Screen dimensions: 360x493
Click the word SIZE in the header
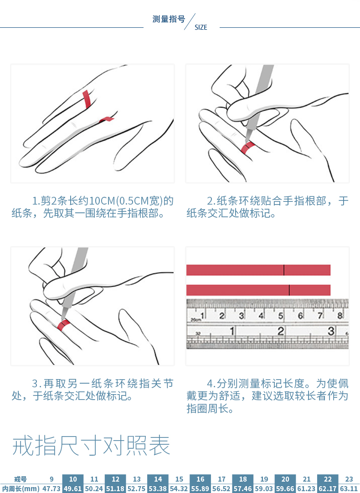201,27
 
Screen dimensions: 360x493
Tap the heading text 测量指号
169,19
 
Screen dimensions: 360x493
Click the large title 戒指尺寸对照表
91,446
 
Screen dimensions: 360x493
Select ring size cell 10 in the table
73,479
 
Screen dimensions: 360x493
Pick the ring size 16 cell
201,479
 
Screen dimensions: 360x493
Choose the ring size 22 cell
328,479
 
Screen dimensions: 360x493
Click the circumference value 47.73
51,489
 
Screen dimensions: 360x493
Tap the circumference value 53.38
158,489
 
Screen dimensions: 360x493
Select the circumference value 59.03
264,489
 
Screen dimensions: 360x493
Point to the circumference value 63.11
349,489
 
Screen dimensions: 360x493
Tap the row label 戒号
21,479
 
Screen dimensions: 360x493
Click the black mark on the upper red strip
284,270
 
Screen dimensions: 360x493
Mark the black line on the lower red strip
289,290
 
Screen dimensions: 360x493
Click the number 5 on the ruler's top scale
281,315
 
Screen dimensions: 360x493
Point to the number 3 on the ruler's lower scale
331,331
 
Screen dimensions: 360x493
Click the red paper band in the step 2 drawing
247,148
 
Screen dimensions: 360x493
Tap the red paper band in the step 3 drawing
63,325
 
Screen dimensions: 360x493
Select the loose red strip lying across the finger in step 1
86,99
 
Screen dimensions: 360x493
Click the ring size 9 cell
51,479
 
